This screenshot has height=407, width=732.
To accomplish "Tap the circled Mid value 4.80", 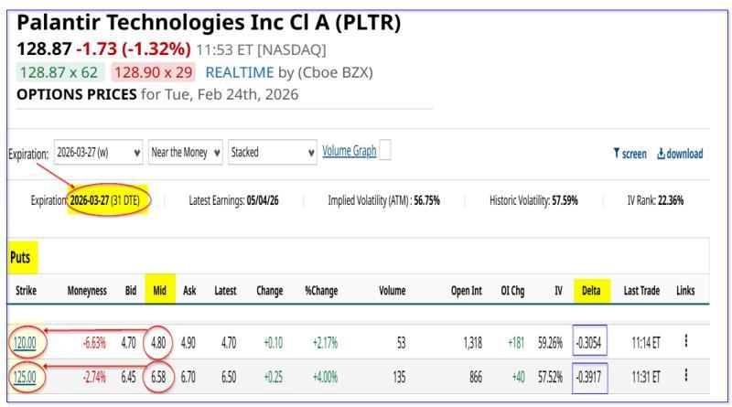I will [x=159, y=342].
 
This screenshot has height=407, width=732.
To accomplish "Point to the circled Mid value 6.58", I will [x=159, y=377].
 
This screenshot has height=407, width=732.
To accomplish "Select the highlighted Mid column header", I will [x=159, y=290].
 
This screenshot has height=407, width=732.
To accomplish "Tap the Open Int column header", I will [x=467, y=290].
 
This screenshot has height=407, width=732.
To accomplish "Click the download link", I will [x=679, y=154].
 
